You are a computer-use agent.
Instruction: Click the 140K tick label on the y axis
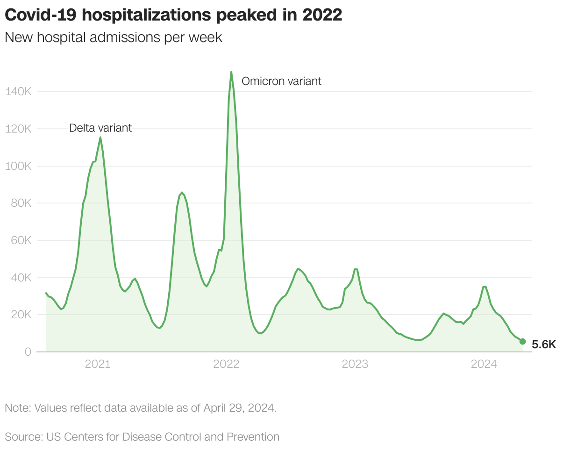pyautogui.click(x=18, y=91)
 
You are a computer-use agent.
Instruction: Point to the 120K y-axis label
pyautogui.click(x=18, y=129)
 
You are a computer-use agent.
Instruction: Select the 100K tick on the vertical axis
pyautogui.click(x=18, y=166)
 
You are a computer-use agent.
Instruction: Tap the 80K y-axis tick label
pyautogui.click(x=21, y=203)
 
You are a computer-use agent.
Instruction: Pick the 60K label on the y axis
pyautogui.click(x=21, y=241)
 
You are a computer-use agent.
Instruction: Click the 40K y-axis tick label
pyautogui.click(x=21, y=278)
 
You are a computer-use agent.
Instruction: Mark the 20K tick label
pyautogui.click(x=21, y=315)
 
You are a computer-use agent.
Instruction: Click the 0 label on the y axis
pyautogui.click(x=28, y=352)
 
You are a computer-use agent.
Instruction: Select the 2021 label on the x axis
pyautogui.click(x=98, y=365)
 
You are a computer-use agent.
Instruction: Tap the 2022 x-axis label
pyautogui.click(x=226, y=365)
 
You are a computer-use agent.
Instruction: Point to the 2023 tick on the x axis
pyautogui.click(x=355, y=365)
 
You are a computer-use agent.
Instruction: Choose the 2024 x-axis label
pyautogui.click(x=484, y=365)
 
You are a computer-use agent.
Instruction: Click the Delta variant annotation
pyautogui.click(x=100, y=128)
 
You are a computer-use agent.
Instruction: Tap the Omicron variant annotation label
pyautogui.click(x=281, y=81)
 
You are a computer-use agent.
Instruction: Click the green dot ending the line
pyautogui.click(x=522, y=342)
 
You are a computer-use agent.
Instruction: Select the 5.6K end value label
pyautogui.click(x=544, y=345)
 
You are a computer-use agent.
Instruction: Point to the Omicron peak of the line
pyautogui.click(x=231, y=72)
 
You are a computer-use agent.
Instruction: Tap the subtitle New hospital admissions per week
pyautogui.click(x=114, y=38)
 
